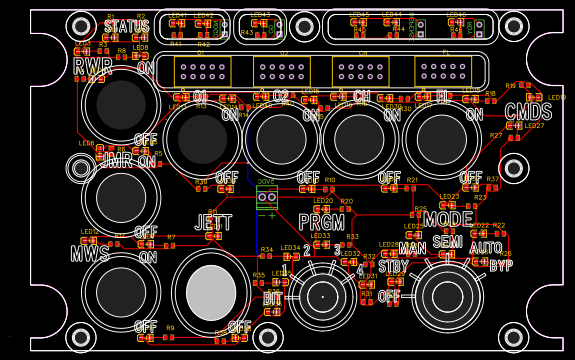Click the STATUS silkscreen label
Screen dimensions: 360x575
coord(126,27)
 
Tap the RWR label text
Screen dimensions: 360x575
coord(93,67)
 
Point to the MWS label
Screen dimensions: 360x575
coord(90,254)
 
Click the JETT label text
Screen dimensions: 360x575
coord(213,222)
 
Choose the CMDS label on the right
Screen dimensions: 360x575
coord(528,112)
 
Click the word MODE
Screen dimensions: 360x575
coord(448,219)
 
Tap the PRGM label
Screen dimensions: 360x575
coord(322,222)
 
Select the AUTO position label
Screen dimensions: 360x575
coord(486,248)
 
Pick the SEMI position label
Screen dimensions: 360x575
coord(447,243)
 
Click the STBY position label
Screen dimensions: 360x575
coord(393,267)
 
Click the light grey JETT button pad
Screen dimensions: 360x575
coord(211,293)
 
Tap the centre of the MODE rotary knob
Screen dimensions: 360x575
coord(447,295)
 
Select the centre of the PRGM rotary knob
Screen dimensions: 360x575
coord(322,296)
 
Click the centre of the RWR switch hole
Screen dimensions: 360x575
coord(121,102)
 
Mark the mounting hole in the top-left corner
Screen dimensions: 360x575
coord(81,26)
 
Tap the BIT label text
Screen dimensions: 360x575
coord(272,298)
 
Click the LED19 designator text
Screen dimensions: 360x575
coord(556,98)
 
